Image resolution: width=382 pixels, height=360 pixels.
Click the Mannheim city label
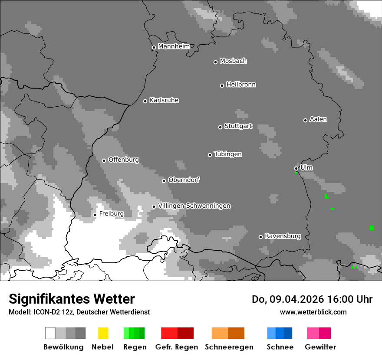click(x=174, y=46)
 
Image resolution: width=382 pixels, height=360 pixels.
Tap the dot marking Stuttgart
click(x=220, y=127)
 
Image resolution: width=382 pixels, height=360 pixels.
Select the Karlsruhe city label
click(x=164, y=100)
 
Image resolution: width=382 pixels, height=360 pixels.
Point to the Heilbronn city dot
click(x=222, y=85)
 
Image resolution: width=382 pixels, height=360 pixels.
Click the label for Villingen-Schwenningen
click(x=194, y=206)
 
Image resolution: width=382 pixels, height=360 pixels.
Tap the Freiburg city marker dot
click(x=95, y=215)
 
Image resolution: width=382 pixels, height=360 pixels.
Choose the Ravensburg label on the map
click(x=283, y=236)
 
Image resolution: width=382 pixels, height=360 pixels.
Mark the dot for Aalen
click(x=305, y=120)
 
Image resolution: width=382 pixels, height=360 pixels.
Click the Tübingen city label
click(x=228, y=154)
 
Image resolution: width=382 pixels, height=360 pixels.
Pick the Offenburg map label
click(x=123, y=160)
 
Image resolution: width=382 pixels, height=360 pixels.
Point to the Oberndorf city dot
click(x=164, y=181)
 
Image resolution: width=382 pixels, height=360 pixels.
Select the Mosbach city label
click(x=233, y=61)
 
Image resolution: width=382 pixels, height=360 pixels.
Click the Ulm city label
click(x=306, y=167)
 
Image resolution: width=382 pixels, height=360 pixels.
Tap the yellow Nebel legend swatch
click(x=103, y=333)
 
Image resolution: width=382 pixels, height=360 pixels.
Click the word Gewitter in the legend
click(x=320, y=347)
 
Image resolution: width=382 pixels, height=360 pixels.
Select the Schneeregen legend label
click(x=229, y=347)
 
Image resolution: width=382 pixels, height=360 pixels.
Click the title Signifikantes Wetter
click(x=72, y=299)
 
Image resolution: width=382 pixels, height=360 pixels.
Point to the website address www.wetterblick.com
click(x=313, y=312)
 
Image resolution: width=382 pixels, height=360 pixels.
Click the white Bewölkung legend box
click(x=50, y=333)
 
